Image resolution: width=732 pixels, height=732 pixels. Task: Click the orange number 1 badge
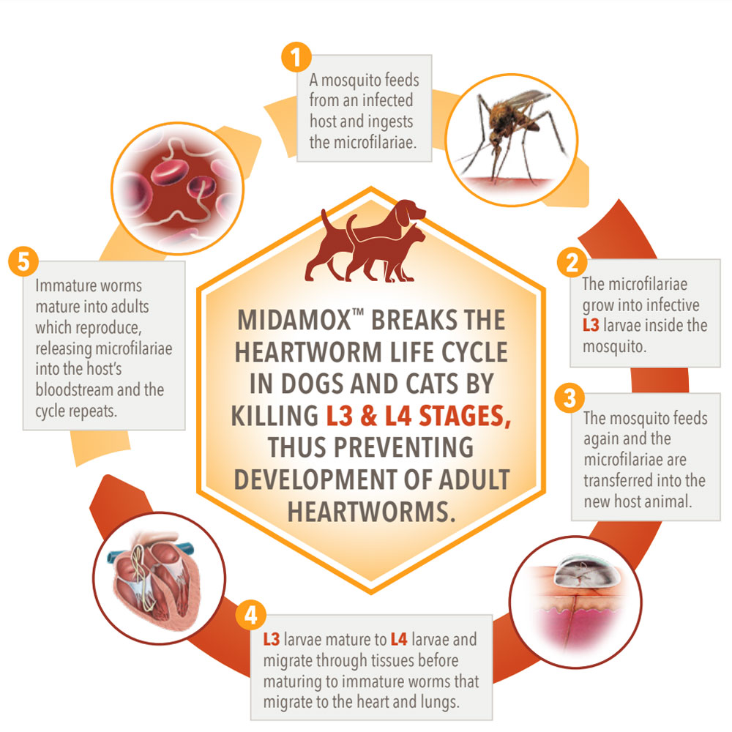(x=296, y=57)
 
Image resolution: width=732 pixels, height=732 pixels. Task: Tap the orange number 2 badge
(x=572, y=262)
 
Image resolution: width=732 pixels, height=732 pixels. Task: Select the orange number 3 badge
(x=569, y=398)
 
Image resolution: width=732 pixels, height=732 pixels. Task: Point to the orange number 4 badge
(x=250, y=615)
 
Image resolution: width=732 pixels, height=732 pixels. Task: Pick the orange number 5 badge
(x=23, y=261)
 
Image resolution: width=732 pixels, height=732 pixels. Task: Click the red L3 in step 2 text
(x=591, y=326)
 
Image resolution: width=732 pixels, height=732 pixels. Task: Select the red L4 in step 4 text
(x=399, y=640)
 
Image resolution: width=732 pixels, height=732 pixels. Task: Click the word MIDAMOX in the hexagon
(x=294, y=321)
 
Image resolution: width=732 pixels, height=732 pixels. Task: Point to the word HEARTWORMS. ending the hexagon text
(x=371, y=512)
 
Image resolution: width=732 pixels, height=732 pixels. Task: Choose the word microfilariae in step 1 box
(x=363, y=142)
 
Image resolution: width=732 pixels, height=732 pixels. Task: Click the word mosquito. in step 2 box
(x=614, y=347)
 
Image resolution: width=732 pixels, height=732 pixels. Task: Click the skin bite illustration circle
(x=575, y=602)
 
